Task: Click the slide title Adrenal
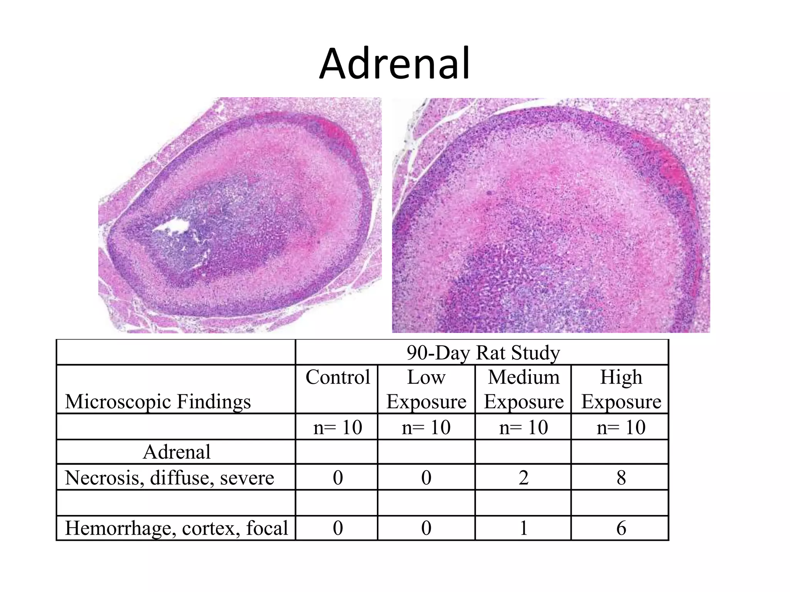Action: [x=395, y=63]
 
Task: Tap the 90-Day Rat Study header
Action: [x=483, y=353]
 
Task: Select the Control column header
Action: [x=338, y=377]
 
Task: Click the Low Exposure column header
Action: [x=426, y=389]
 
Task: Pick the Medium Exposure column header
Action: [x=523, y=389]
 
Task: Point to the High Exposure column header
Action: [x=621, y=389]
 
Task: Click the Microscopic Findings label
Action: [x=158, y=401]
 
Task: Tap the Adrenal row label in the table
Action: [x=177, y=452]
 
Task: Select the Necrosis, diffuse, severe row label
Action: [x=169, y=478]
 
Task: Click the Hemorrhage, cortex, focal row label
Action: [x=176, y=528]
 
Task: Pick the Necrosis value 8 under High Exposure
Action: [x=621, y=478]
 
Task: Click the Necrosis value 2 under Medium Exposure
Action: [x=523, y=478]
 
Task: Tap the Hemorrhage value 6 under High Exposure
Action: [x=621, y=528]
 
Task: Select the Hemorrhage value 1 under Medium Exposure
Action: [x=523, y=528]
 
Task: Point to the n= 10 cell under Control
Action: [x=338, y=427]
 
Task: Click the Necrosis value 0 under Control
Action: [x=338, y=478]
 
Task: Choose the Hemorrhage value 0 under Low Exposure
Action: [x=426, y=528]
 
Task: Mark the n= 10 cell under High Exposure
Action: [x=621, y=427]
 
